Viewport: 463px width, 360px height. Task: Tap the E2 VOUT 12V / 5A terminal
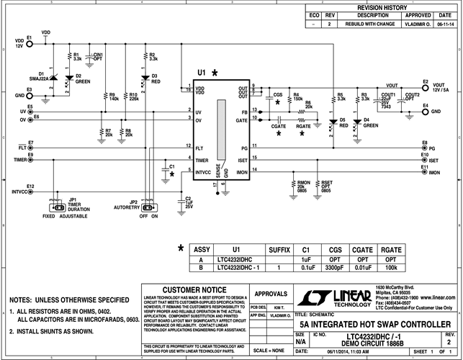425,86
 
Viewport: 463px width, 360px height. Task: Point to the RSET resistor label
325,186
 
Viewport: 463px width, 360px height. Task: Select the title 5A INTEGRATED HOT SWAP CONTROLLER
369,324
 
